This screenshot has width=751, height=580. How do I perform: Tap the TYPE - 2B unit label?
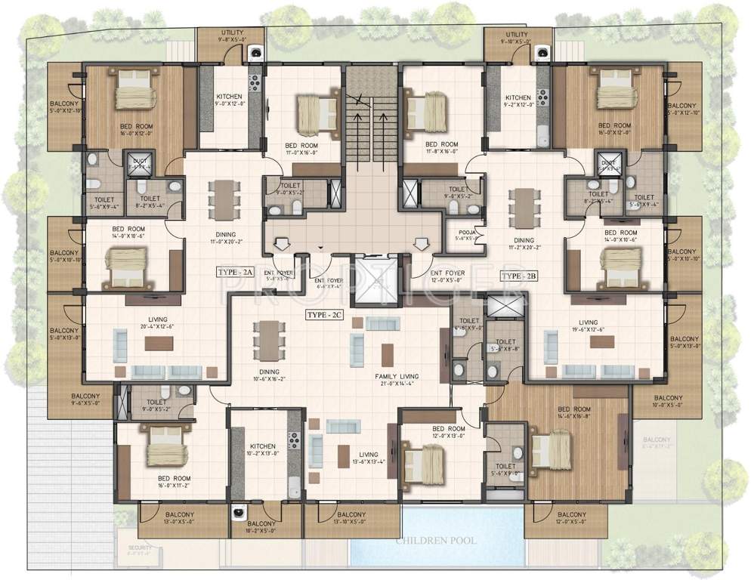[519, 276]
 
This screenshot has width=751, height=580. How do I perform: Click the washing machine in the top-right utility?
[542, 52]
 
